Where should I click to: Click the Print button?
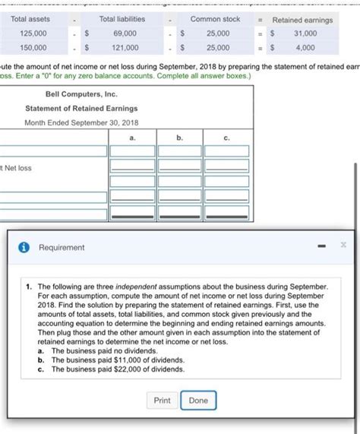coord(162,401)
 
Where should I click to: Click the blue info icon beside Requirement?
coord(24,247)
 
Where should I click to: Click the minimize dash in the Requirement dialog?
coord(323,247)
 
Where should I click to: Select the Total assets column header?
coord(30,20)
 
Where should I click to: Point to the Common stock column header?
coord(215,20)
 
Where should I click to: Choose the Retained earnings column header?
coord(302,20)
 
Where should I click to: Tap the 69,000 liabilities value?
coord(125,33)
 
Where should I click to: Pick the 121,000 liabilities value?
coord(125,47)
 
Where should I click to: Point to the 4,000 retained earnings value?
coord(306,47)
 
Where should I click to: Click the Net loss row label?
coord(17,168)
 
